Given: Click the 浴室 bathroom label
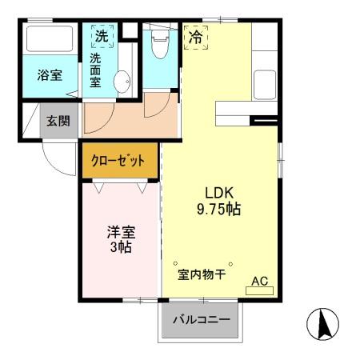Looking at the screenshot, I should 50,76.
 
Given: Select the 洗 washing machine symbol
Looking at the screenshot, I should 102,36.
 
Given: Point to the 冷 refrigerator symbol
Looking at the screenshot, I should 194,36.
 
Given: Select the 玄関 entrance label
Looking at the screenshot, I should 57,122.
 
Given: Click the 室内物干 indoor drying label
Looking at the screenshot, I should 201,274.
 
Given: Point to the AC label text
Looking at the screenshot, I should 260,281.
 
